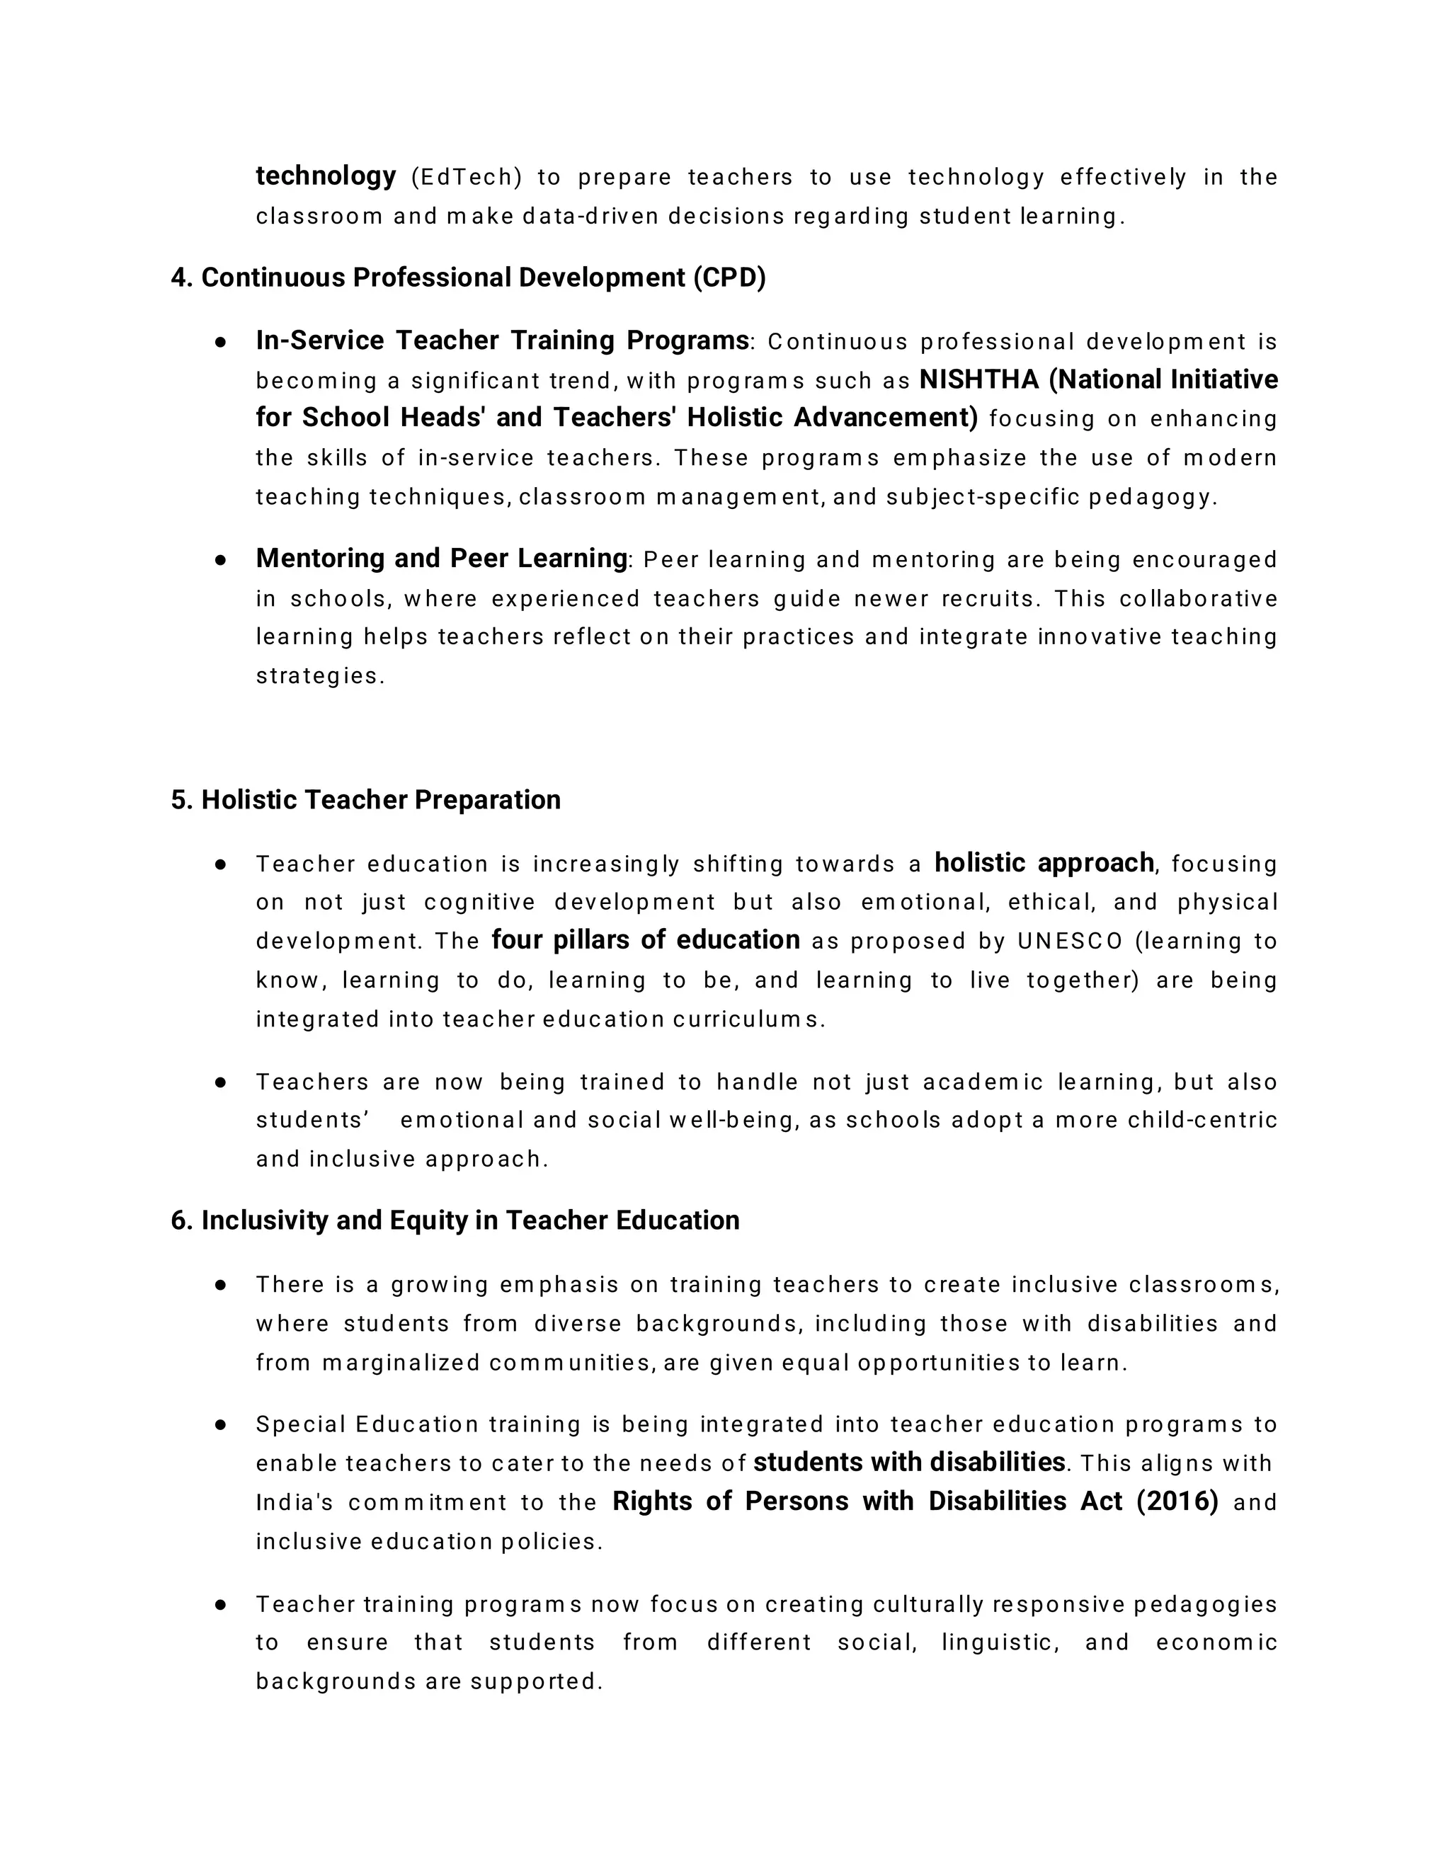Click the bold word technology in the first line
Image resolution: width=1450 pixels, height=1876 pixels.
point(326,176)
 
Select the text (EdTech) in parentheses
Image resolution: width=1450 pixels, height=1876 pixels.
point(467,177)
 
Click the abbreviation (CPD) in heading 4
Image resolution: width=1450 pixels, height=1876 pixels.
point(729,278)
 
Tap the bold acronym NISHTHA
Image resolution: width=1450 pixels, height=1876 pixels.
point(978,379)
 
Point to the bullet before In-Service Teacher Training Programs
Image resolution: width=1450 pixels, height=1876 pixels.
point(221,342)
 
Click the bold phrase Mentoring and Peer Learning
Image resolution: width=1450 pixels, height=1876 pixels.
point(442,559)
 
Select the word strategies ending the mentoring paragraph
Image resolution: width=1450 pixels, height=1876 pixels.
point(318,676)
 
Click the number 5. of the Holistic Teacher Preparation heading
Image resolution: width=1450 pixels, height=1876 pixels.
point(181,800)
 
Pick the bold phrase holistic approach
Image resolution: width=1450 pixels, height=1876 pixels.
point(1044,862)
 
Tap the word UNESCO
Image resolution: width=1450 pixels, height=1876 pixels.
point(1071,942)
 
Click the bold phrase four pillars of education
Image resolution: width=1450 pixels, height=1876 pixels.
point(645,939)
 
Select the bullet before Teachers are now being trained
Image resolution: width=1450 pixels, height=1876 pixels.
point(221,1082)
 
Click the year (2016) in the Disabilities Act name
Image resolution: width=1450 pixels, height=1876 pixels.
point(1177,1501)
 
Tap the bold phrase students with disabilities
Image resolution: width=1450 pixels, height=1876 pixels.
point(909,1462)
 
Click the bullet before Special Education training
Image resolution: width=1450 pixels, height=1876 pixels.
point(221,1424)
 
